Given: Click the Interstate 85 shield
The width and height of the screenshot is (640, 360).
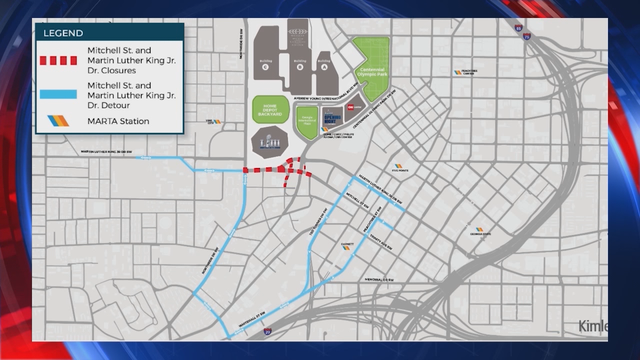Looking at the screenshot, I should (524, 33).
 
